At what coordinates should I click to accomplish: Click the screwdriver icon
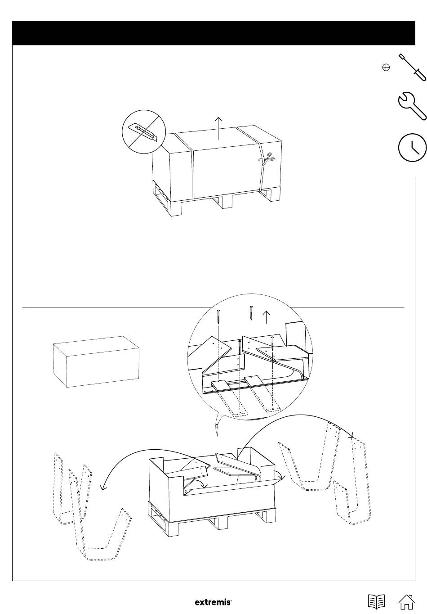pos(412,67)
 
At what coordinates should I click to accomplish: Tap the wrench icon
pos(412,106)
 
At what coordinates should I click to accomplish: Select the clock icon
pos(413,148)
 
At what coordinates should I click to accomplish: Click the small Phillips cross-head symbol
pos(386,67)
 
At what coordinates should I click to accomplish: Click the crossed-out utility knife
pos(144,132)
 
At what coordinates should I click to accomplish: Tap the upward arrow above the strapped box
pos(218,128)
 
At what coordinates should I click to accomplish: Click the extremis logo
pos(213,602)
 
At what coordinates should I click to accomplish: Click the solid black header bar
pos(213,33)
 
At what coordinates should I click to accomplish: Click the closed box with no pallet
pos(96,361)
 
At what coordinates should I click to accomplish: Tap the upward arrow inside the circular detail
pos(267,317)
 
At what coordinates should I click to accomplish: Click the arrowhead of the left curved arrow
pos(103,488)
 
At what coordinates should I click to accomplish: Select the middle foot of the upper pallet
pos(223,202)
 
